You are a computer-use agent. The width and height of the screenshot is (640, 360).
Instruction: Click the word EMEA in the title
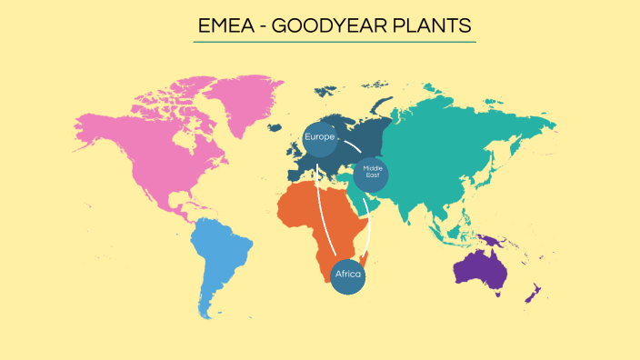click(x=224, y=25)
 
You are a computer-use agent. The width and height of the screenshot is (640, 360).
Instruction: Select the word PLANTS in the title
click(x=434, y=25)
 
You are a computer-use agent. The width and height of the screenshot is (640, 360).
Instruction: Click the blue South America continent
click(x=222, y=258)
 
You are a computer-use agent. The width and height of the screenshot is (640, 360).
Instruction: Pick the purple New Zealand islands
click(x=535, y=294)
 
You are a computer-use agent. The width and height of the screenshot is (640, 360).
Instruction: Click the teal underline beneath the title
click(x=335, y=42)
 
